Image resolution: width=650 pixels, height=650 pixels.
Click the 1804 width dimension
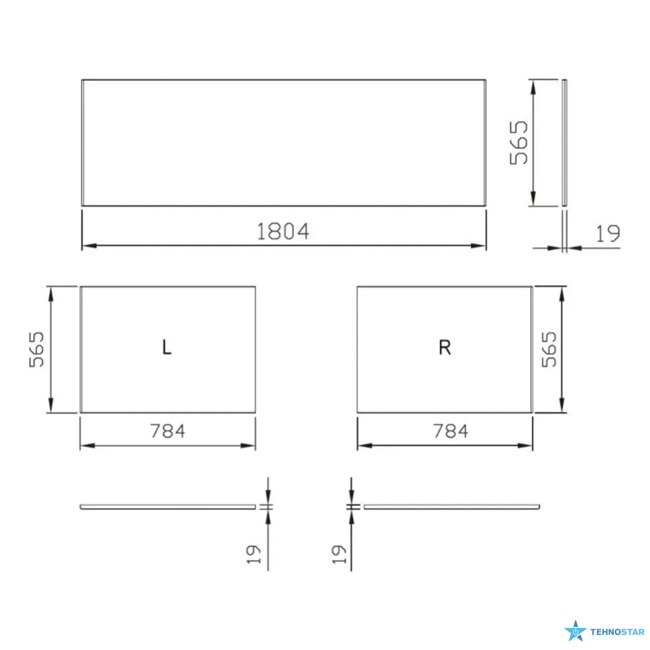(283, 231)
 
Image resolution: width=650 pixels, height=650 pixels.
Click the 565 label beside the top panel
(519, 143)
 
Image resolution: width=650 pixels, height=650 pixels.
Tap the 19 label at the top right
(608, 234)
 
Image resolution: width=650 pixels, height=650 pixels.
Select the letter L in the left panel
(167, 347)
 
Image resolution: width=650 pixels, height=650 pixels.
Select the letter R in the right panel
(445, 347)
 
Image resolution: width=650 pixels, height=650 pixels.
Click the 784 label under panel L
(168, 431)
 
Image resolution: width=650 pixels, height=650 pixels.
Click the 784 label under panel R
(451, 431)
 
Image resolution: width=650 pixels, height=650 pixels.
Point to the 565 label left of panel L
(37, 349)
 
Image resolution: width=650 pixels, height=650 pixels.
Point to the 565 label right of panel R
(549, 349)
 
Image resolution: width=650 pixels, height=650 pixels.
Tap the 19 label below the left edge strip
(253, 554)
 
